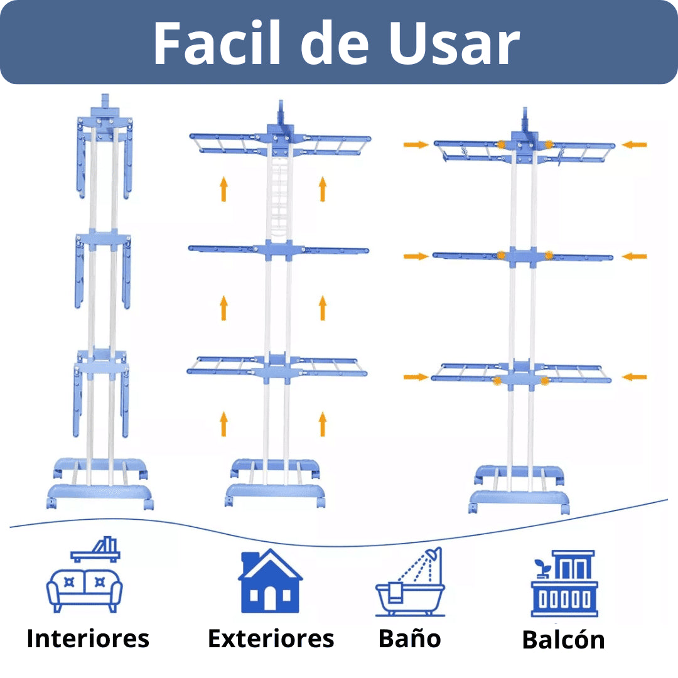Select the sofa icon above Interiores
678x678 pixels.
[x=84, y=589]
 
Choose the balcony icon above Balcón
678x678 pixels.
[x=564, y=583]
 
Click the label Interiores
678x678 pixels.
[x=88, y=638]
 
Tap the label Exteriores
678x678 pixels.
[x=271, y=638]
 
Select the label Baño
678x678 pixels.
[x=409, y=638]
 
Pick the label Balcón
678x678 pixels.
[x=563, y=640]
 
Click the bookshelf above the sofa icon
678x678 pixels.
[x=95, y=550]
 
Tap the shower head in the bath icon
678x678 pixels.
[x=433, y=556]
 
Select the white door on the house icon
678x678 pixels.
[x=270, y=600]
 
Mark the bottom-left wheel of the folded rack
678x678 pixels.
[x=51, y=503]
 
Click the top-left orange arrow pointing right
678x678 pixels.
[x=416, y=144]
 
